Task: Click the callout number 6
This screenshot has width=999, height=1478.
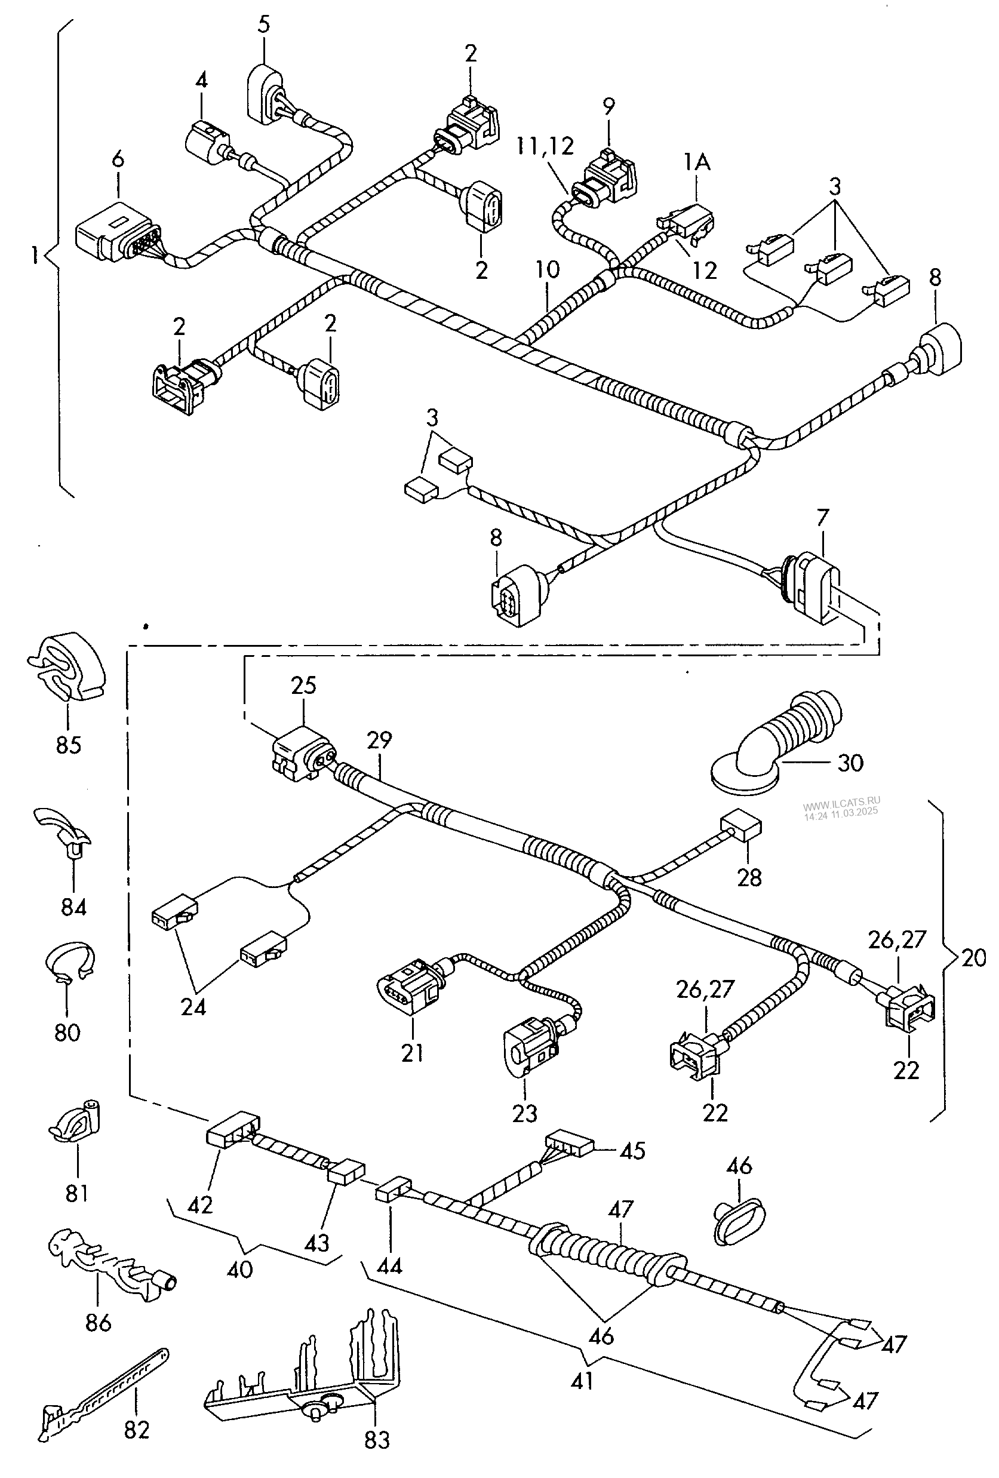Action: pyautogui.click(x=118, y=158)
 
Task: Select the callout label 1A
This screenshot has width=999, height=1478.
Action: pyautogui.click(x=697, y=164)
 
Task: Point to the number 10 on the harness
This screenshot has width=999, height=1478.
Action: pyautogui.click(x=548, y=270)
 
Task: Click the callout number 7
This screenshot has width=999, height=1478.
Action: pyautogui.click(x=823, y=518)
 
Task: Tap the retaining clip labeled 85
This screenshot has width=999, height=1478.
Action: pyautogui.click(x=67, y=666)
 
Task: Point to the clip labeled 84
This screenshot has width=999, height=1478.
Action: pyautogui.click(x=62, y=831)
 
